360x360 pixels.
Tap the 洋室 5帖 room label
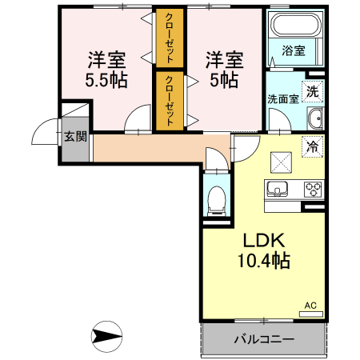coord(222,69)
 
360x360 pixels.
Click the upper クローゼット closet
coord(169,38)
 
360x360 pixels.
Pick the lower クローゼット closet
coord(169,101)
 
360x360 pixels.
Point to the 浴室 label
coord(293,50)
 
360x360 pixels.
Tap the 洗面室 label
coord(282,100)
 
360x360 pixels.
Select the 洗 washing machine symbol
coord(313,90)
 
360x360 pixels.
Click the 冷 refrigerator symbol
coord(313,146)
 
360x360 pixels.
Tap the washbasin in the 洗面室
coord(314,121)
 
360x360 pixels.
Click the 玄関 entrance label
coord(75,137)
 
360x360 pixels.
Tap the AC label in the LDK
coord(310,305)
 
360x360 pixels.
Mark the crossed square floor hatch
coord(280,160)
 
